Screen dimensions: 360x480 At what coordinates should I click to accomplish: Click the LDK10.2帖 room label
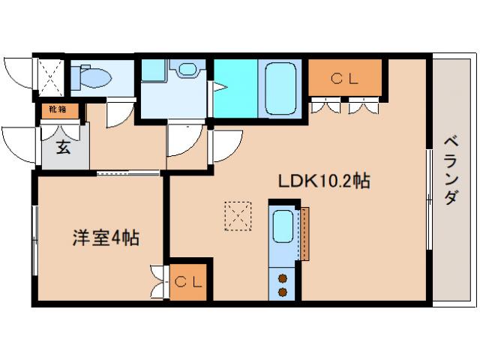coord(323,181)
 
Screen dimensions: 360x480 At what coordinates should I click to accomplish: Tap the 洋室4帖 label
coord(106,239)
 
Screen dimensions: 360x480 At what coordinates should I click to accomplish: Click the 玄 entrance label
coord(64,148)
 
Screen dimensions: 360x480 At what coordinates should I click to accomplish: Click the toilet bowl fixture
coord(93,76)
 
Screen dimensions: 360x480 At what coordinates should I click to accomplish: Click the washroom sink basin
coord(186,70)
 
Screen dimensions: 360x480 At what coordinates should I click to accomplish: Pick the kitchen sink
coord(283,226)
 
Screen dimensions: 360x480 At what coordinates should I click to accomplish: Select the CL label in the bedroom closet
coord(187,282)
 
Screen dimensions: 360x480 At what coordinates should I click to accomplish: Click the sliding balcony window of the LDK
coord(429,198)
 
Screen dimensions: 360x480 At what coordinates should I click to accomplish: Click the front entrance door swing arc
coord(16,142)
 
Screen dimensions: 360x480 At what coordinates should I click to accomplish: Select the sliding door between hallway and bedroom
coord(128,173)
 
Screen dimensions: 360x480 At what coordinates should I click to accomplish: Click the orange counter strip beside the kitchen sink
coord(304,232)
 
